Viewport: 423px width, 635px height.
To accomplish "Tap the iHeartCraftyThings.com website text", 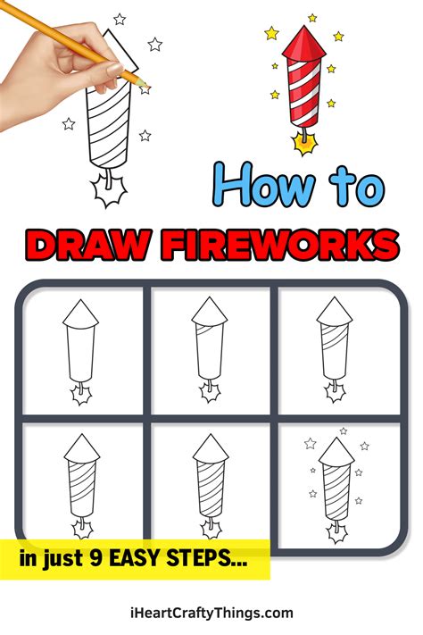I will point(211,613).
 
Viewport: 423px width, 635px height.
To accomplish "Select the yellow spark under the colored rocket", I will point(303,140).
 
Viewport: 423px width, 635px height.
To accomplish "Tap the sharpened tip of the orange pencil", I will point(144,84).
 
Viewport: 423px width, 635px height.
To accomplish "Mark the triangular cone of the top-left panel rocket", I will point(81,313).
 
